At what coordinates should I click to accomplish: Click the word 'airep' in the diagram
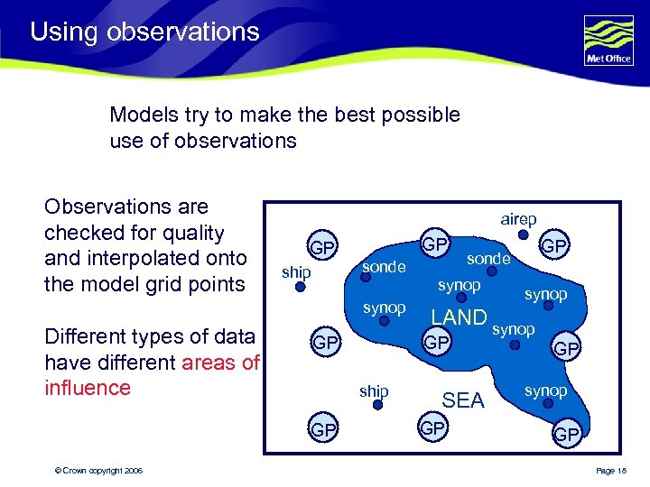point(518,219)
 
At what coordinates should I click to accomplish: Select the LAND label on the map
point(459,317)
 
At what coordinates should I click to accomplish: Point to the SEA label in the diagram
point(463,400)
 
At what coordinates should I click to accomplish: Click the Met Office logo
point(608,41)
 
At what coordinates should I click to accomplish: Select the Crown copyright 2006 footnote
point(98,472)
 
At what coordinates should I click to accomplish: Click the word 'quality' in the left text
point(190,233)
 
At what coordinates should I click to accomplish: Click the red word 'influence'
point(88,388)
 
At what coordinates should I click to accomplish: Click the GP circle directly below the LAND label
point(437,344)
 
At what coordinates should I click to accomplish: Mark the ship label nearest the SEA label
point(374,391)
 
